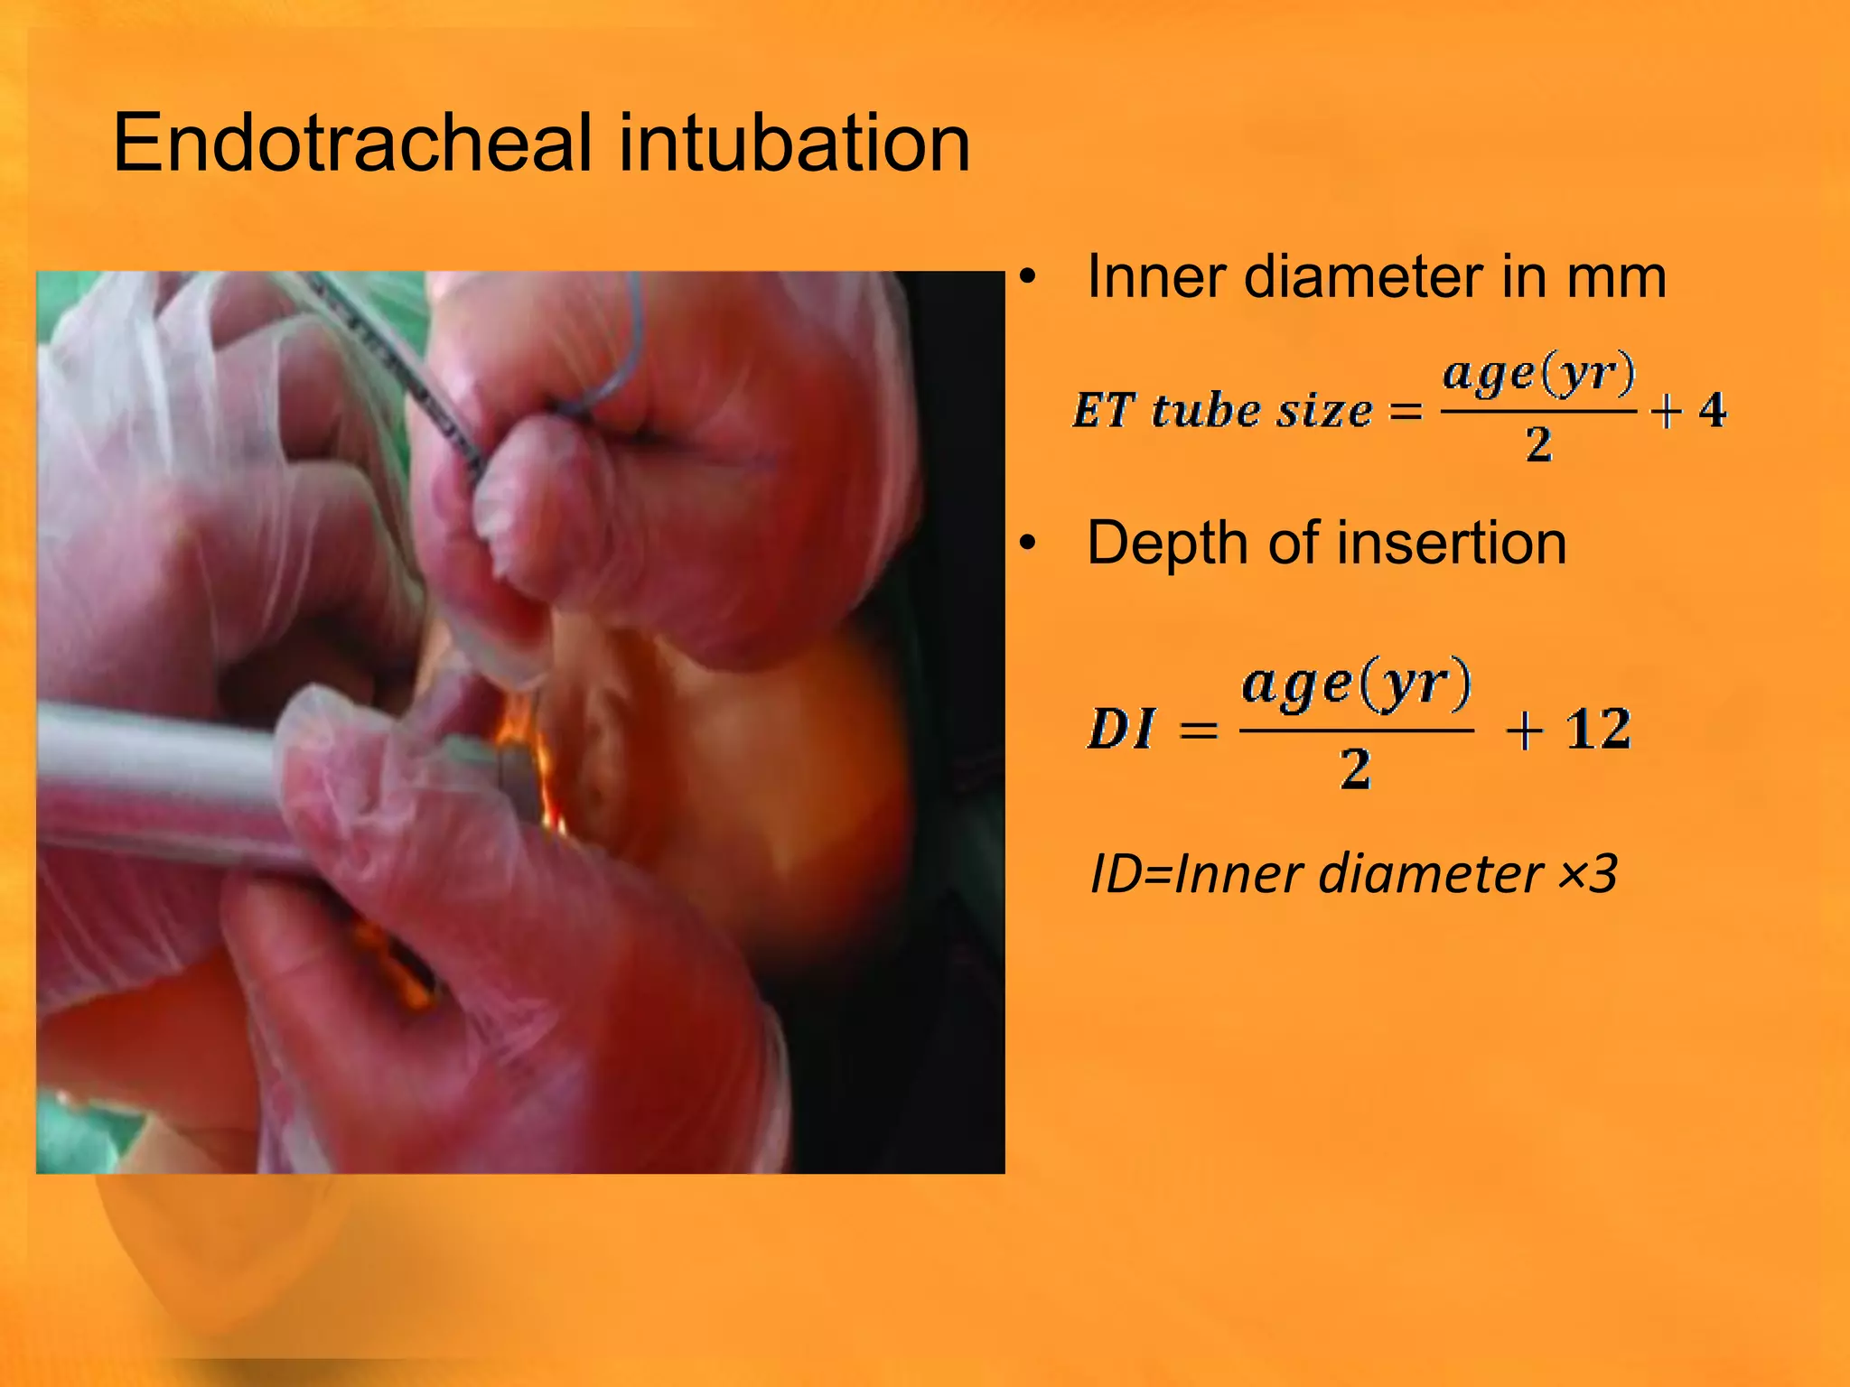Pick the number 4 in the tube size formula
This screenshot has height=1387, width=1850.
pyautogui.click(x=1712, y=410)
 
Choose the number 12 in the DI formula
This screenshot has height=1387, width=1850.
pyautogui.click(x=1599, y=729)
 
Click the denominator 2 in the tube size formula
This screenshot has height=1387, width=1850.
pyautogui.click(x=1538, y=444)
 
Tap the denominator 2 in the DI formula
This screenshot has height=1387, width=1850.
pyautogui.click(x=1355, y=769)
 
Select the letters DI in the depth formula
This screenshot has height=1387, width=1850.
pyautogui.click(x=1121, y=729)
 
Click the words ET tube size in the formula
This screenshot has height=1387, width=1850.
pyautogui.click(x=1222, y=411)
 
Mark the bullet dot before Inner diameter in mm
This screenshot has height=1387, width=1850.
pyautogui.click(x=1027, y=278)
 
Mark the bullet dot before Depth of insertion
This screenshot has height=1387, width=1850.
pyautogui.click(x=1027, y=545)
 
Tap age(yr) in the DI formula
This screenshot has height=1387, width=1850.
pyautogui.click(x=1356, y=685)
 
